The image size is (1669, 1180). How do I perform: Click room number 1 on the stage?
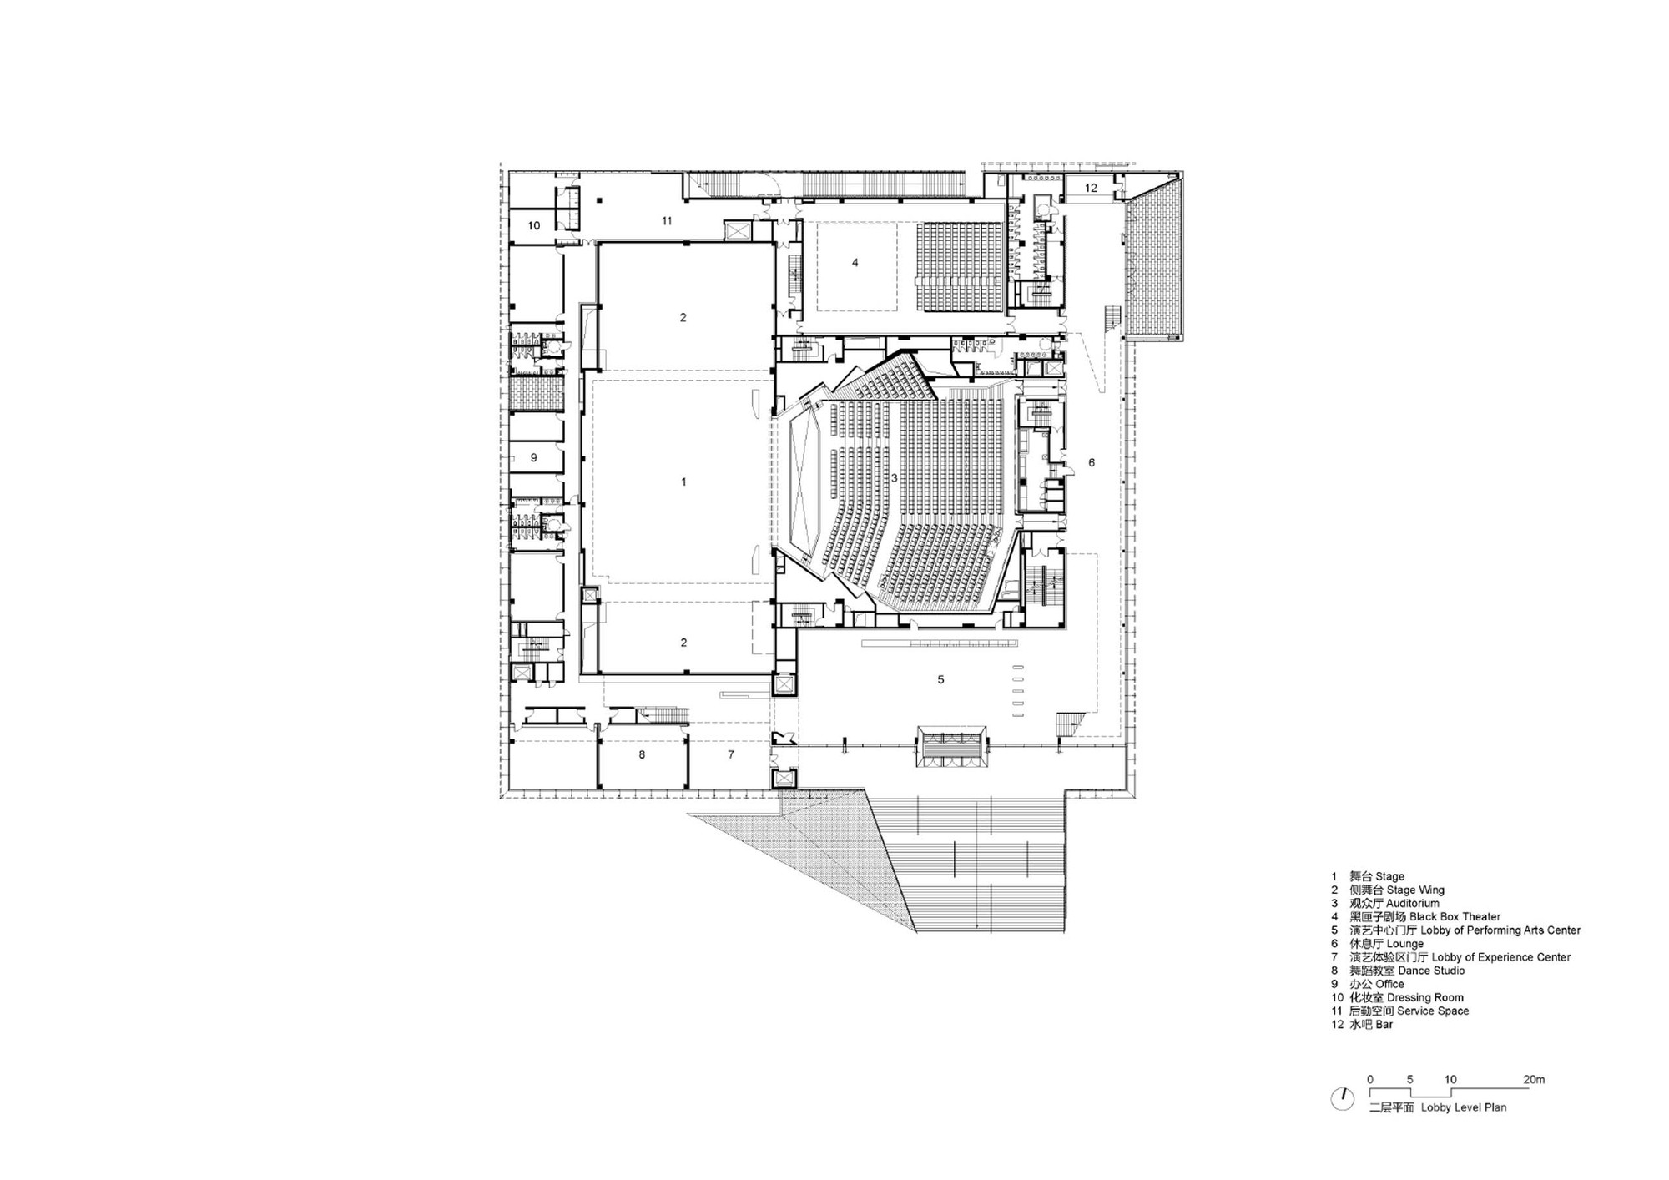pyautogui.click(x=683, y=482)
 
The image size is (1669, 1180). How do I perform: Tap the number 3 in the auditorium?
pyautogui.click(x=894, y=478)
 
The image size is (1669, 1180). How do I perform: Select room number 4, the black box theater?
pyautogui.click(x=855, y=263)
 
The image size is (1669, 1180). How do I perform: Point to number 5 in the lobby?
pyautogui.click(x=940, y=680)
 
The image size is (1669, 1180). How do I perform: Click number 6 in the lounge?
pyautogui.click(x=1092, y=463)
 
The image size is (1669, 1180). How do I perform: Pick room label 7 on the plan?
pyautogui.click(x=731, y=754)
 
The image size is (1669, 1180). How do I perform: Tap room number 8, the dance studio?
pyautogui.click(x=642, y=754)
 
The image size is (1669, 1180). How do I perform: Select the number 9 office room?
pyautogui.click(x=534, y=458)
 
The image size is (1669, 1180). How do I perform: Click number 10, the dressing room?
pyautogui.click(x=534, y=225)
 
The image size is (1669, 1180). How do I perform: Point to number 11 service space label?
pyautogui.click(x=666, y=221)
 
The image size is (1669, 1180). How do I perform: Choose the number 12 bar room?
pyautogui.click(x=1091, y=188)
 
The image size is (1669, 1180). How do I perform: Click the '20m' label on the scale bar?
pyautogui.click(x=1533, y=1079)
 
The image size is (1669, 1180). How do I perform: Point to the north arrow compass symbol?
pyautogui.click(x=1342, y=1099)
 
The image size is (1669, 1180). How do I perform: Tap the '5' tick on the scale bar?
pyautogui.click(x=1409, y=1079)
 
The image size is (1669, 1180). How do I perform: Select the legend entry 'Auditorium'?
pyautogui.click(x=1412, y=903)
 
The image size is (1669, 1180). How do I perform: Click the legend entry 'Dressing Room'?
pyautogui.click(x=1424, y=997)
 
